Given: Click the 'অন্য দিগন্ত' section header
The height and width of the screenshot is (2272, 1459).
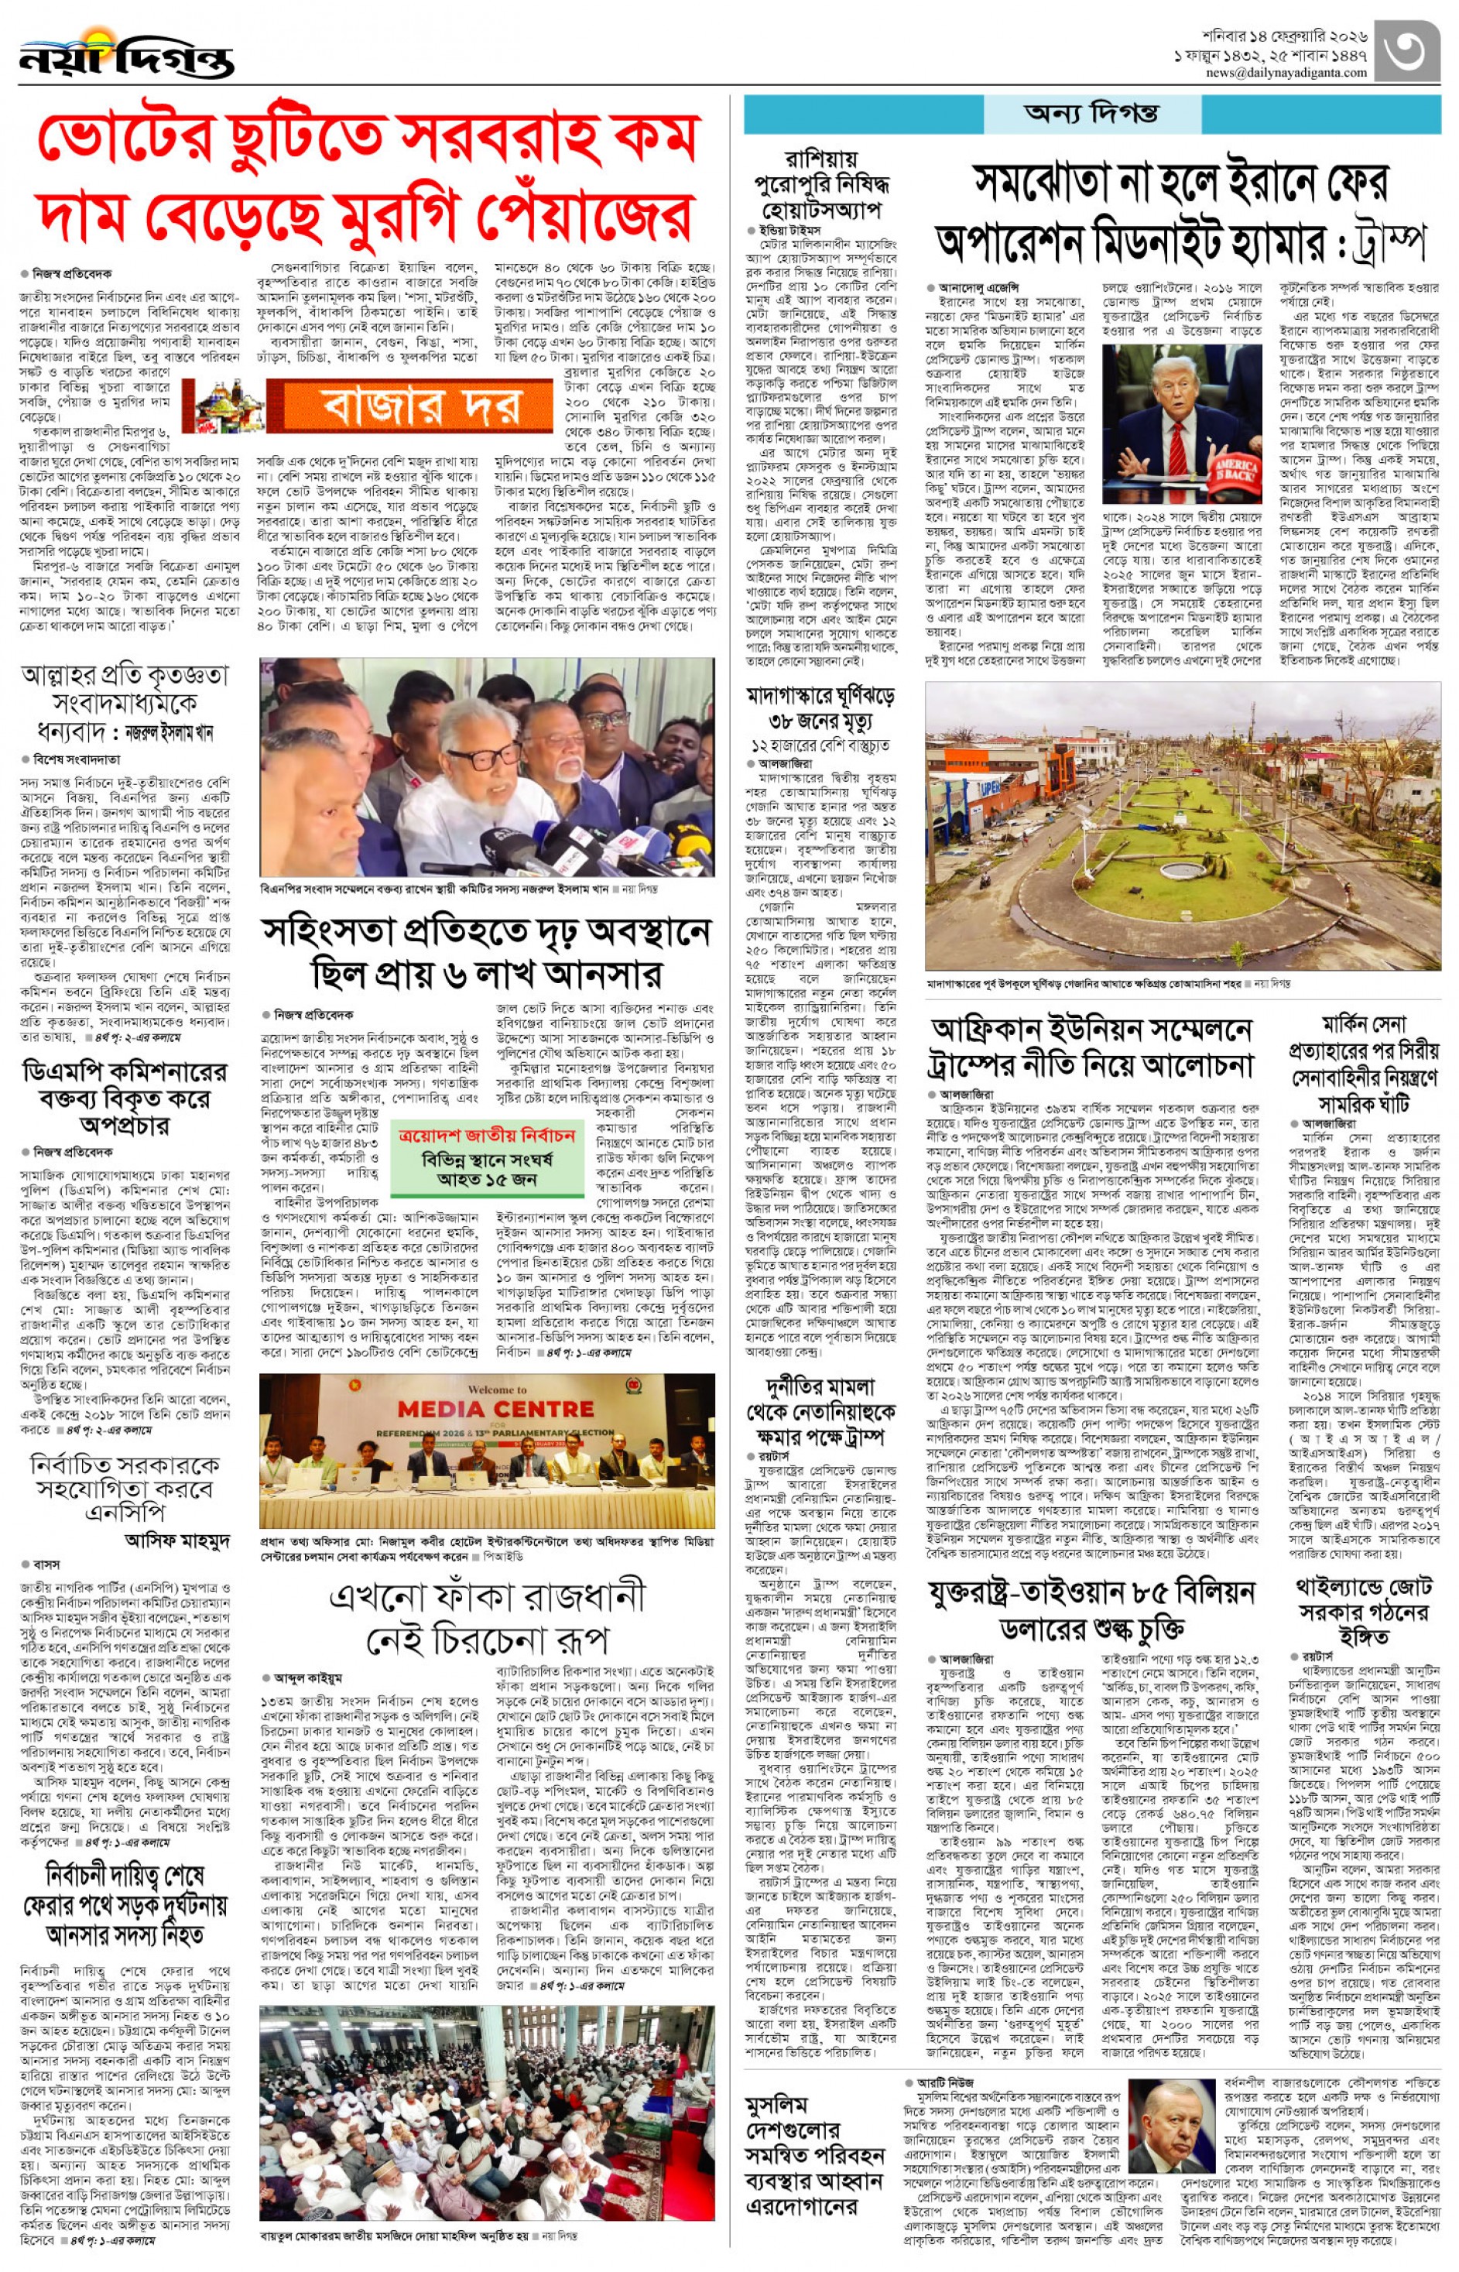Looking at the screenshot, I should [1091, 114].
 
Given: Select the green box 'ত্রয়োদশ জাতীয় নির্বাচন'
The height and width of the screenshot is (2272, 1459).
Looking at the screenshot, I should [487, 1158].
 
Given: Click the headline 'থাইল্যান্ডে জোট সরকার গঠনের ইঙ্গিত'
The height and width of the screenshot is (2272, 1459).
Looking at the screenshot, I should [1363, 1611].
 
